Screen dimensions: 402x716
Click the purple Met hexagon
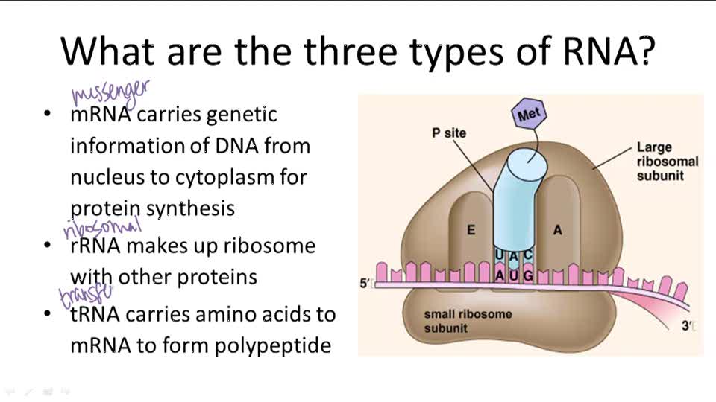click(x=530, y=115)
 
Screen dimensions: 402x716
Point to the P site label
click(x=449, y=133)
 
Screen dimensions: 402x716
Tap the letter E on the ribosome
click(x=471, y=230)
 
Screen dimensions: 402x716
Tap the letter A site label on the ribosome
click(x=557, y=230)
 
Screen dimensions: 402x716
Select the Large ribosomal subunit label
click(x=667, y=162)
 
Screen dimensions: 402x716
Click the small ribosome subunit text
click(x=468, y=321)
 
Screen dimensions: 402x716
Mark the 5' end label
click(x=365, y=283)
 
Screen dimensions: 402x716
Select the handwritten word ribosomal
click(x=102, y=228)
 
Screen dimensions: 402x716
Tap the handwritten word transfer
click(x=87, y=296)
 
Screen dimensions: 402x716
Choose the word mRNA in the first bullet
click(x=101, y=115)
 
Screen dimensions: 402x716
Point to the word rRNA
click(x=98, y=246)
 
